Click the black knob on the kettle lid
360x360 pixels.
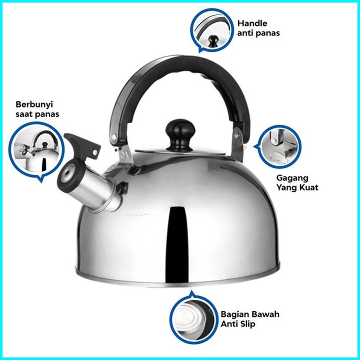click(x=181, y=135)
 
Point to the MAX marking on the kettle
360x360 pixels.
click(x=137, y=213)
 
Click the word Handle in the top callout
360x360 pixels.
click(x=253, y=23)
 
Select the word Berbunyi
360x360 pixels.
click(x=34, y=104)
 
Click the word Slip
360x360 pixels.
click(x=248, y=324)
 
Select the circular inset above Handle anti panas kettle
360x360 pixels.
click(x=211, y=30)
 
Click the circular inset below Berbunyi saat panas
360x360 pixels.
click(x=37, y=151)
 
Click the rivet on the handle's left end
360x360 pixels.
click(x=114, y=137)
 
